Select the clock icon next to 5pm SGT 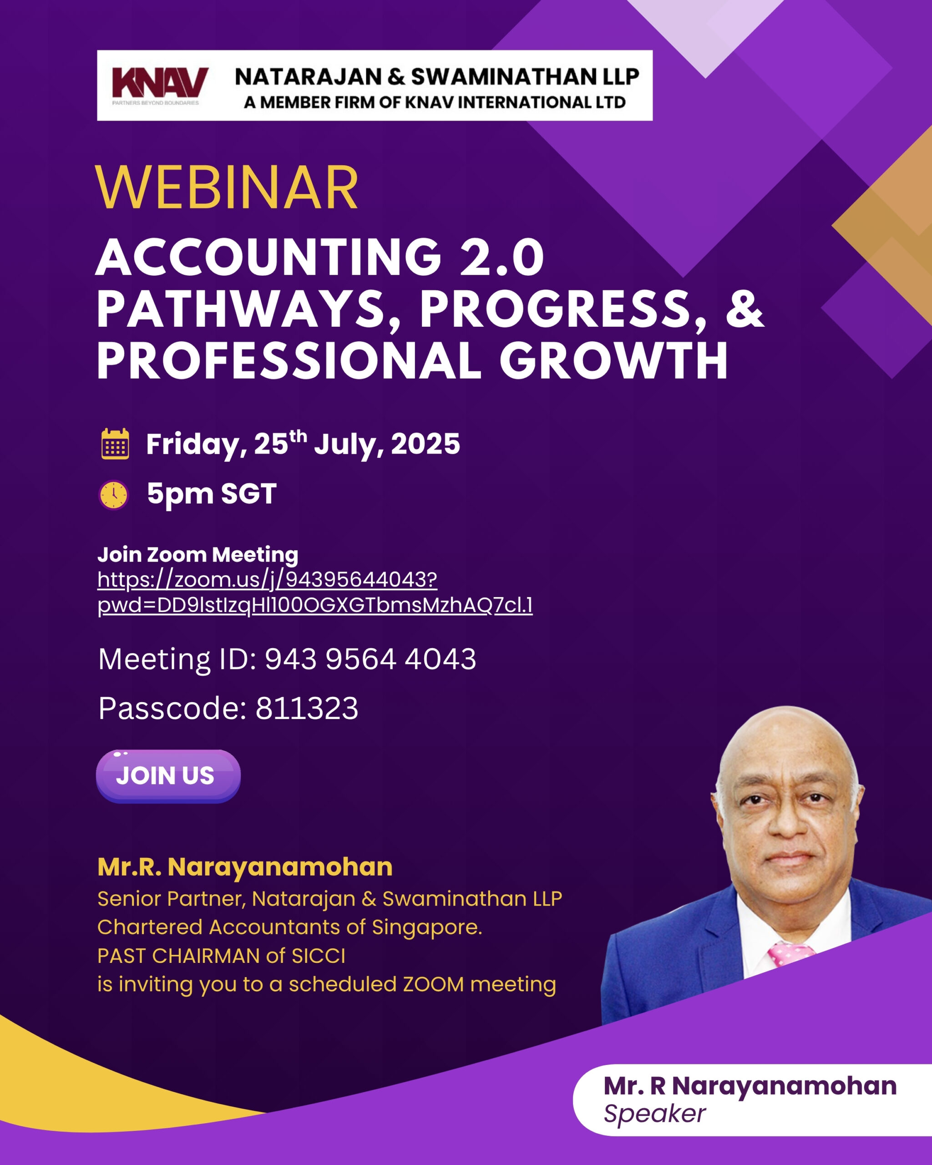coord(113,494)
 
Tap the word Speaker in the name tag coord(654,1114)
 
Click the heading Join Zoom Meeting coord(198,554)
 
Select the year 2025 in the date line coord(425,444)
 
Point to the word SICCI coord(318,955)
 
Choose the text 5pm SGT coord(212,494)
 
